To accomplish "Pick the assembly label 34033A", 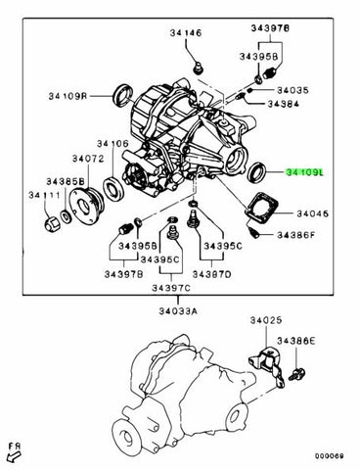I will tap(178, 310).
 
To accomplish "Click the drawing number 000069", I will tap(331, 454).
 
